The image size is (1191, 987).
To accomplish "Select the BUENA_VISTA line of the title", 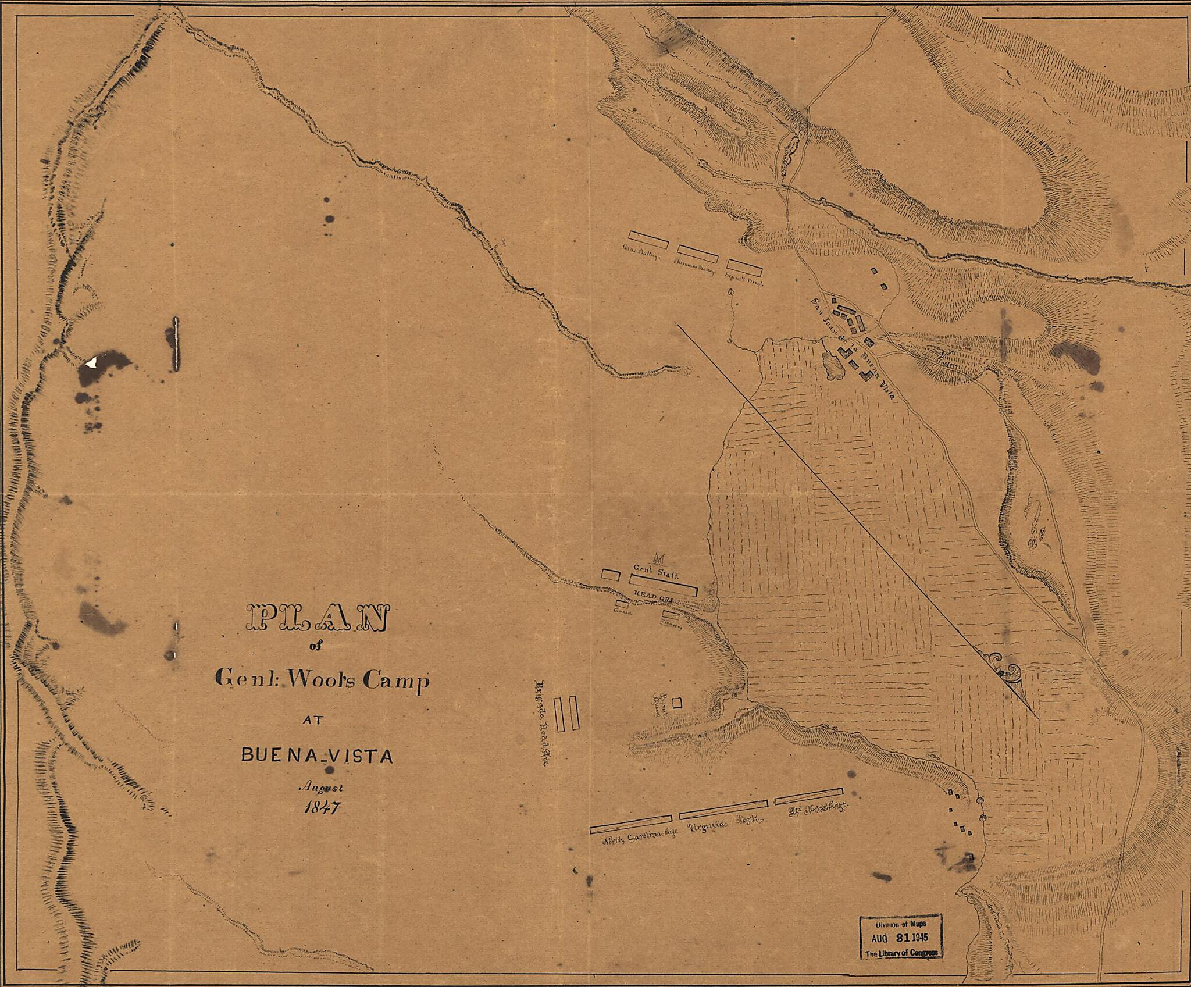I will pyautogui.click(x=317, y=756).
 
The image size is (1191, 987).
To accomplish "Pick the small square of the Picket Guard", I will pyautogui.click(x=676, y=703).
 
